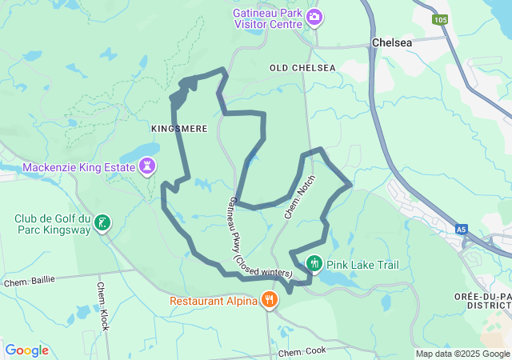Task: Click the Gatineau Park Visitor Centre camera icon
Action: point(315,17)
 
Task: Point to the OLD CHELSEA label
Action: point(302,68)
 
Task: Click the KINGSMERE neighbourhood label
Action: point(179,128)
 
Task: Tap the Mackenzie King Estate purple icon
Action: point(147,167)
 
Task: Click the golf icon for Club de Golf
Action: point(102,222)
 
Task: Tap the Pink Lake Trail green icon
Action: point(314,263)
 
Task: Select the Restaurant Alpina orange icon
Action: point(269,301)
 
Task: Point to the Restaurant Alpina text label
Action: point(213,301)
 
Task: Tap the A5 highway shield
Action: point(461,229)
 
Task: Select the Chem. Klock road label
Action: point(103,306)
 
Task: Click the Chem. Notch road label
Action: point(296,198)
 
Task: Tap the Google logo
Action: point(27,350)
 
